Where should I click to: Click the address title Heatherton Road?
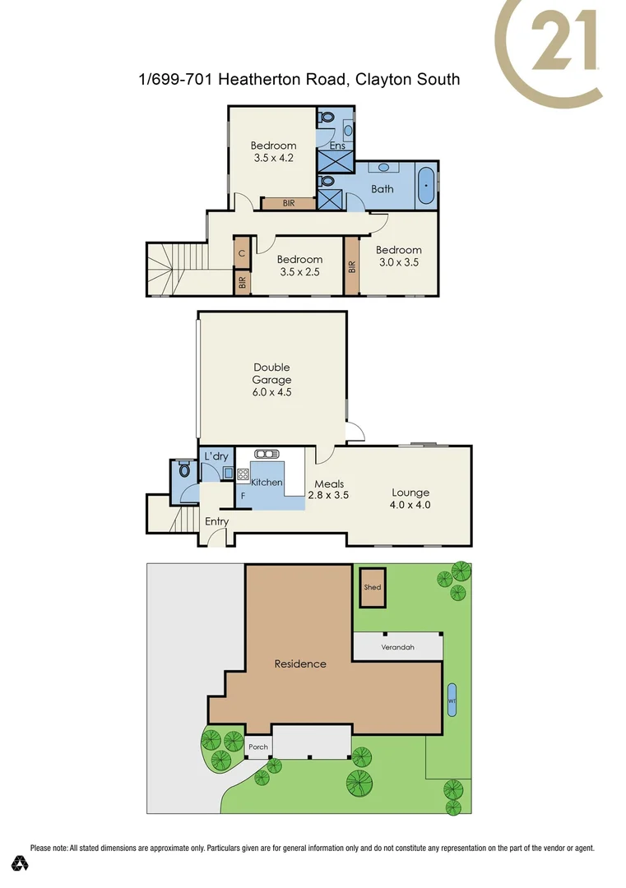pyautogui.click(x=299, y=80)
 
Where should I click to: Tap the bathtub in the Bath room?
pyautogui.click(x=425, y=187)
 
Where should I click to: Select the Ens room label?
pyautogui.click(x=336, y=146)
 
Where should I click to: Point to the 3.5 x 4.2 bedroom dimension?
pyautogui.click(x=273, y=160)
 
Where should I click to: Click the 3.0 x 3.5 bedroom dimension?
pyautogui.click(x=398, y=263)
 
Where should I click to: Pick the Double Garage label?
pyautogui.click(x=271, y=373)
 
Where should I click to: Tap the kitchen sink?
pyautogui.click(x=267, y=453)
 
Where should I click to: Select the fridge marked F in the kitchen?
pyautogui.click(x=243, y=497)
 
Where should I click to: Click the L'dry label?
pyautogui.click(x=216, y=456)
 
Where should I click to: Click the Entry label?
pyautogui.click(x=216, y=521)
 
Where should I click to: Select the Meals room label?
pyautogui.click(x=329, y=483)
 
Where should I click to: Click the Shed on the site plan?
pyautogui.click(x=373, y=588)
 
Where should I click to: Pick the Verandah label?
pyautogui.click(x=397, y=647)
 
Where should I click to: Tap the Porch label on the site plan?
pyautogui.click(x=257, y=747)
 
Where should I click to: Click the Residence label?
pyautogui.click(x=299, y=664)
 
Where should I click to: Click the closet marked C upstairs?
pyautogui.click(x=242, y=253)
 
